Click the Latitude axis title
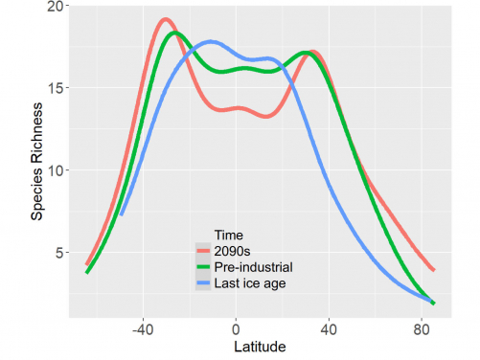point(236,346)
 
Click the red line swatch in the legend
point(203,250)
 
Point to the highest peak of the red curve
point(166,19)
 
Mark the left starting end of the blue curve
point(121,214)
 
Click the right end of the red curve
point(434,270)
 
